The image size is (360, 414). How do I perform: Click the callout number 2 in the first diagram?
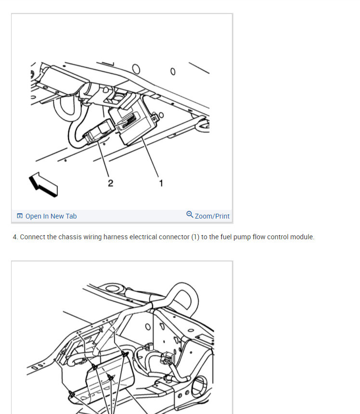pos(111,183)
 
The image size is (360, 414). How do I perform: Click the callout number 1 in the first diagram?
pos(161,183)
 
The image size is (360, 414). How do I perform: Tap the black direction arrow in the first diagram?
pos(43,184)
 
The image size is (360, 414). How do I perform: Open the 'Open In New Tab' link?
pos(51,216)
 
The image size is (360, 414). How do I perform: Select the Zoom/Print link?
pos(212,216)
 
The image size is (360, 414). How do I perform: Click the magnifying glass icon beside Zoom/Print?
pos(190,214)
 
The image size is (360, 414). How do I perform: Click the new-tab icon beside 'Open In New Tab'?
pos(20,216)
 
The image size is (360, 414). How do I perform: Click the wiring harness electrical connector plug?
pos(98,131)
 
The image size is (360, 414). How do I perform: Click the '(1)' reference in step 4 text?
pos(195,237)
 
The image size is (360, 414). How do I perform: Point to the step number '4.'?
pos(15,237)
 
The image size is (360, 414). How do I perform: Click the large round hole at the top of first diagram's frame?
pos(136,69)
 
